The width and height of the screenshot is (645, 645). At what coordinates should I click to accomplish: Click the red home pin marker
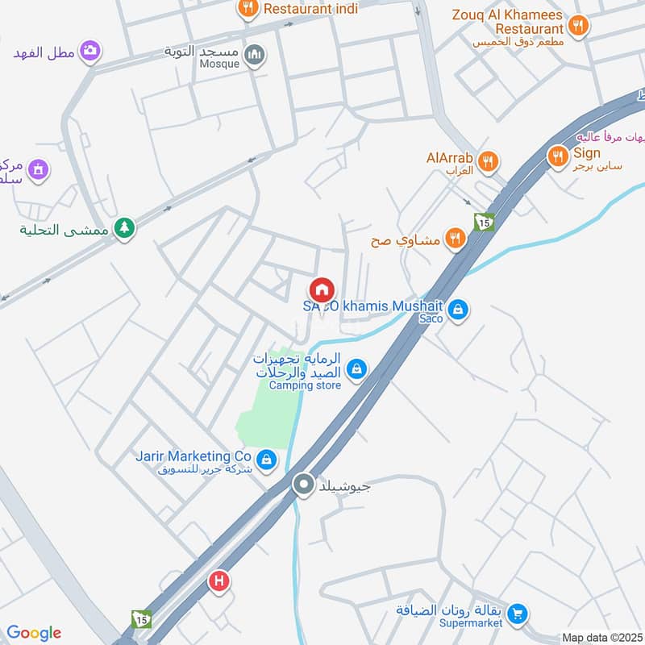pyautogui.click(x=321, y=289)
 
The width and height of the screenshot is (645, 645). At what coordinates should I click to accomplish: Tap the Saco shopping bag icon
pyautogui.click(x=457, y=309)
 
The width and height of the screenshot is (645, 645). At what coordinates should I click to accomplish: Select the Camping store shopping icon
pyautogui.click(x=356, y=370)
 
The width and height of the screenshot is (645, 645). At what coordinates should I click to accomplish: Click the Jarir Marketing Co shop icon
pyautogui.click(x=267, y=461)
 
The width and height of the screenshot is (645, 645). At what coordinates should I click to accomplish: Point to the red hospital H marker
pyautogui.click(x=218, y=580)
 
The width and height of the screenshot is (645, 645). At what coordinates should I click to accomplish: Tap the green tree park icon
pyautogui.click(x=123, y=229)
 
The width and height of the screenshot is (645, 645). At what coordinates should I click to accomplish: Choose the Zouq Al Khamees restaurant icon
pyautogui.click(x=576, y=27)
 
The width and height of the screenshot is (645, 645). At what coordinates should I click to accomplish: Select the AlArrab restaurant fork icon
pyautogui.click(x=486, y=161)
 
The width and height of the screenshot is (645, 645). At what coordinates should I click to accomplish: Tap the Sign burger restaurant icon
pyautogui.click(x=557, y=157)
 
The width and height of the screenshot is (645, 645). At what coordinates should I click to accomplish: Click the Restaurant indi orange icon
pyautogui.click(x=248, y=9)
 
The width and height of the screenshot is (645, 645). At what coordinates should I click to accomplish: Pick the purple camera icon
pyautogui.click(x=90, y=52)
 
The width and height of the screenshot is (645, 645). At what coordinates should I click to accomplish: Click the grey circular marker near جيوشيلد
pyautogui.click(x=303, y=485)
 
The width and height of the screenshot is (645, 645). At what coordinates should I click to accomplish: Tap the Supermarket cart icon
pyautogui.click(x=518, y=614)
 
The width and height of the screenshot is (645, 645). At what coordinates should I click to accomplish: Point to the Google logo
pyautogui.click(x=34, y=633)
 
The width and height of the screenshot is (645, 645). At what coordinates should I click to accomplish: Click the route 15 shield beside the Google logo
pyautogui.click(x=141, y=618)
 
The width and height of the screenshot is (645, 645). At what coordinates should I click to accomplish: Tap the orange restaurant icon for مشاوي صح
pyautogui.click(x=456, y=239)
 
